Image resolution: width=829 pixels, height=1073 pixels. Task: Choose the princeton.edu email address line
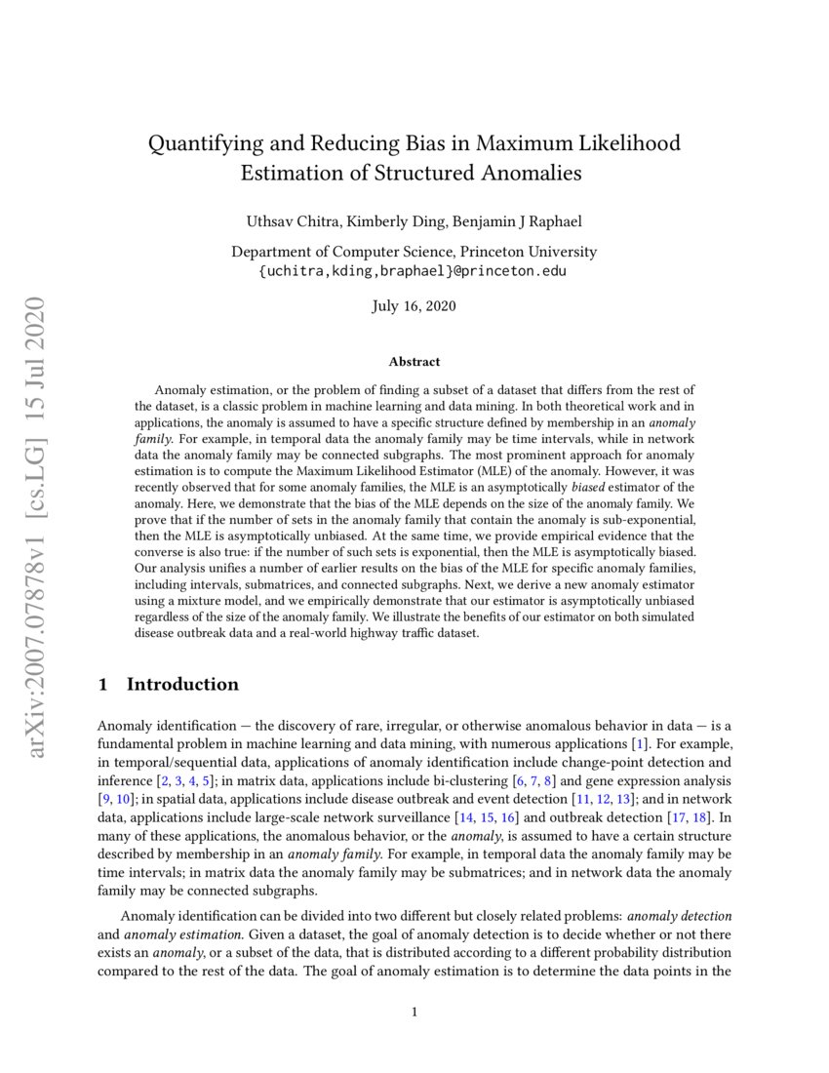tap(414, 270)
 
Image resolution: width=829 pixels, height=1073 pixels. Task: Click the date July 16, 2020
tap(414, 306)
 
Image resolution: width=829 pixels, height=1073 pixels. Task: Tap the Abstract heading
tap(414, 362)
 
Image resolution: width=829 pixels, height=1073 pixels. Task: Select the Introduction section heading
tap(181, 684)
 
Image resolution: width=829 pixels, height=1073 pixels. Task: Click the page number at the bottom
tap(414, 1012)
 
